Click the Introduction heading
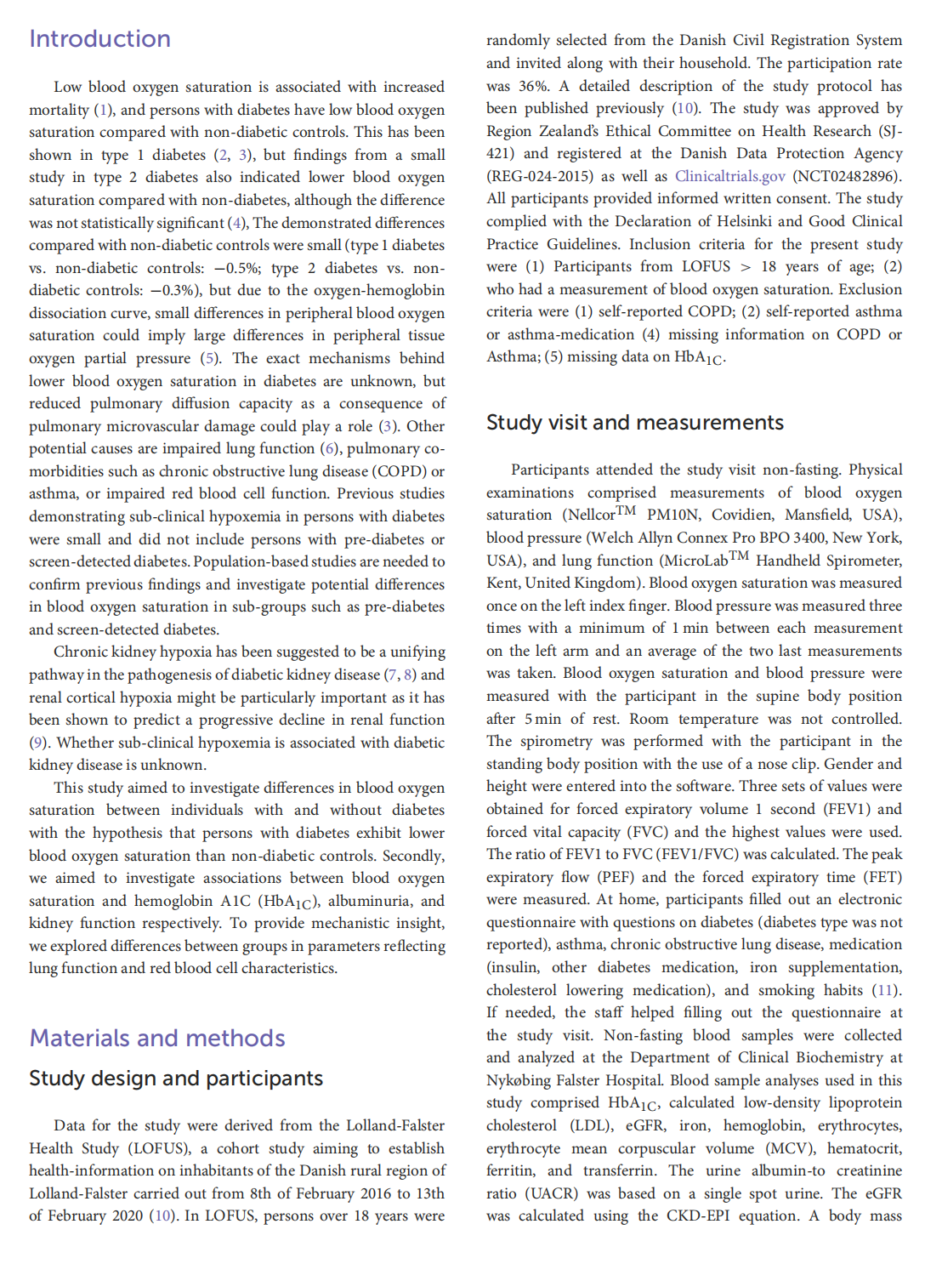[99, 39]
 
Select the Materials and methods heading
[157, 1039]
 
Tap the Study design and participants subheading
[176, 1079]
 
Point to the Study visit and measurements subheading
[634, 423]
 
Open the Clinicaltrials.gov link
[729, 176]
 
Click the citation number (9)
[38, 743]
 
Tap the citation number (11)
[886, 990]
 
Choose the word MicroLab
[693, 561]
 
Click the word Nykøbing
[519, 1080]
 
